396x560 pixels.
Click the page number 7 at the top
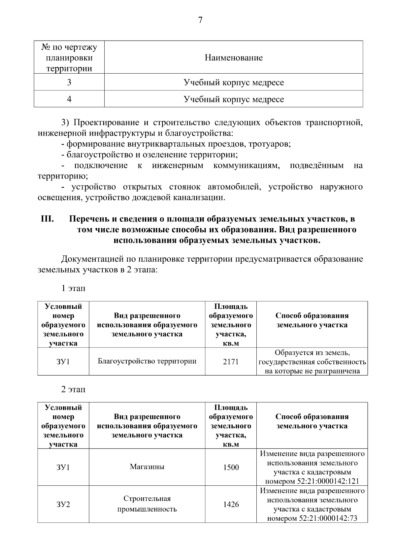click(x=200, y=20)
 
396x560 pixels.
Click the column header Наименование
click(x=234, y=58)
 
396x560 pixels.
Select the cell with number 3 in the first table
click(x=69, y=82)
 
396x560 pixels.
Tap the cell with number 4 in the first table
click(x=69, y=99)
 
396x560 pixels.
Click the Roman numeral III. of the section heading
click(x=48, y=219)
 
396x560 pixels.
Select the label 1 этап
click(x=73, y=288)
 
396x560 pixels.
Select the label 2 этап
click(x=73, y=389)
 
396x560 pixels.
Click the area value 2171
click(x=231, y=362)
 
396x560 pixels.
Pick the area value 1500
click(x=231, y=467)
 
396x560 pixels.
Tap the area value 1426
click(x=231, y=505)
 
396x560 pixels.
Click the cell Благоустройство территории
click(x=147, y=361)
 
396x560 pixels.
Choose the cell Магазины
click(x=147, y=467)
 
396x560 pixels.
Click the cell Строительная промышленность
click(x=147, y=504)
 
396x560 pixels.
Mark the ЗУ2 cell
click(x=63, y=505)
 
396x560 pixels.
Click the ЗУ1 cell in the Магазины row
click(x=63, y=467)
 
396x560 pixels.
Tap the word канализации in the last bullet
click(x=203, y=198)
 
